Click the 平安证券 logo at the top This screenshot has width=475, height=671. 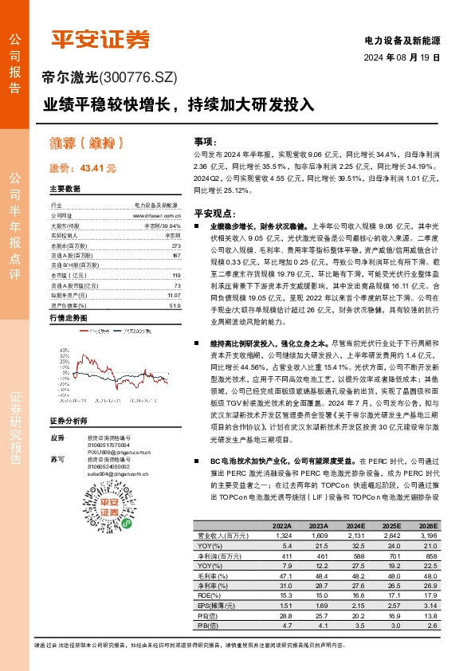(100, 39)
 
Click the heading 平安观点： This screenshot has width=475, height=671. (214, 214)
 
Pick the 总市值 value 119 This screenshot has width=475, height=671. (176, 275)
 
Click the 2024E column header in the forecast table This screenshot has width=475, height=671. (355, 526)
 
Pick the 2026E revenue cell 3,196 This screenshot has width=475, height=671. (427, 536)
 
